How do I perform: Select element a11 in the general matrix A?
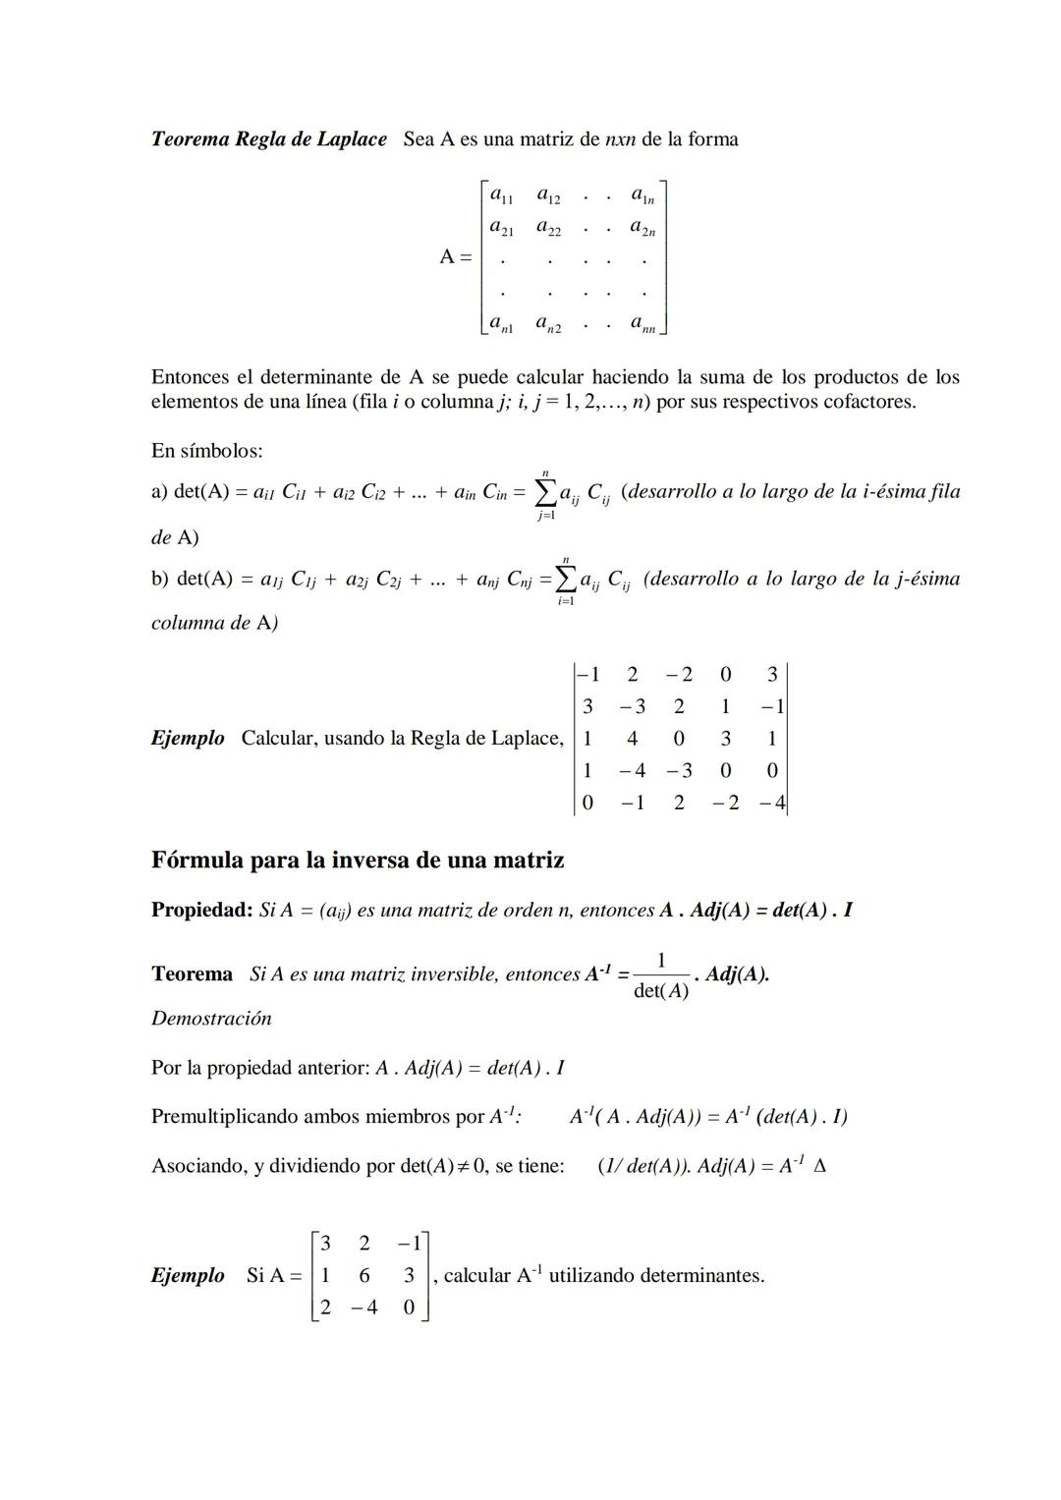pyautogui.click(x=501, y=195)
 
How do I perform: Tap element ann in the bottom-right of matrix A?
pyautogui.click(x=643, y=323)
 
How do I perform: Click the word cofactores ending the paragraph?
pyautogui.click(x=865, y=402)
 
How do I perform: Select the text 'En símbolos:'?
pyautogui.click(x=206, y=451)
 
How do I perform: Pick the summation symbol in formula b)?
pyautogui.click(x=566, y=579)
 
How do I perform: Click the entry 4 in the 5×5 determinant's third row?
pyautogui.click(x=632, y=739)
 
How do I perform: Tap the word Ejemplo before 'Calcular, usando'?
pyautogui.click(x=187, y=738)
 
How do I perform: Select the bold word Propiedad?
pyautogui.click(x=202, y=911)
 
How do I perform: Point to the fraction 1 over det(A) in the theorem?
pyautogui.click(x=660, y=975)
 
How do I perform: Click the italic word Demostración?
pyautogui.click(x=211, y=1019)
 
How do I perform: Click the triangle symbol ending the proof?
pyautogui.click(x=820, y=1167)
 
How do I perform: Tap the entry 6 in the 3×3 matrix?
pyautogui.click(x=364, y=1275)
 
